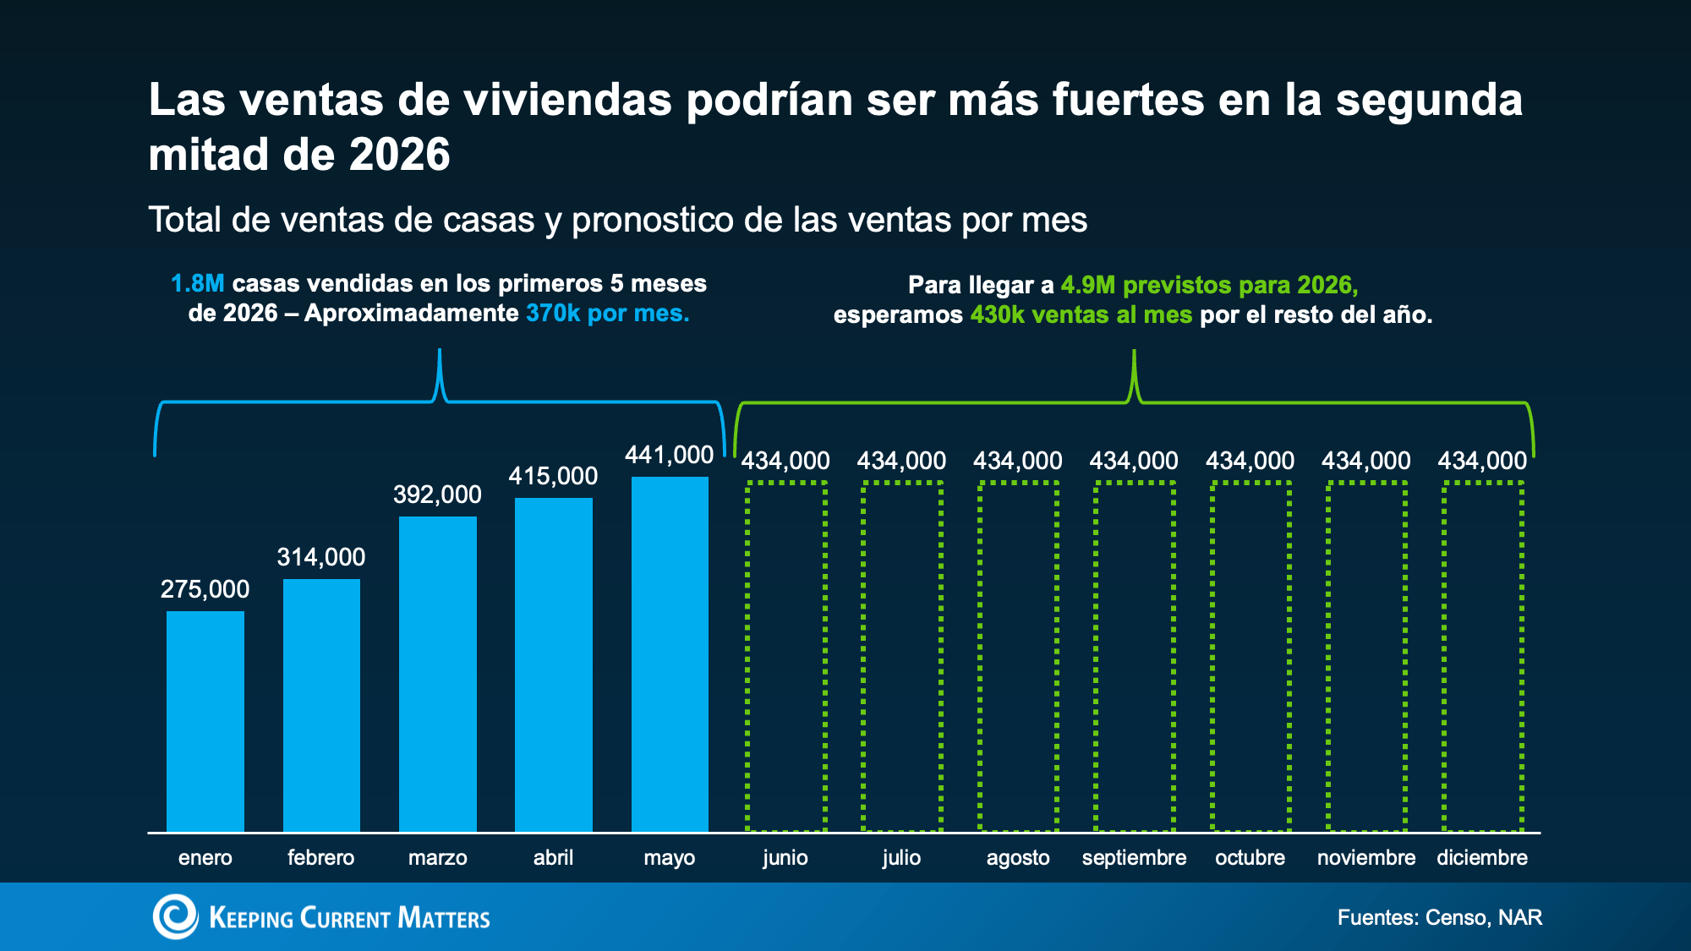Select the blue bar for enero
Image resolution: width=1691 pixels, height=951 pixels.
(205, 721)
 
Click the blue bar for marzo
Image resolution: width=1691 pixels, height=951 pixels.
(438, 674)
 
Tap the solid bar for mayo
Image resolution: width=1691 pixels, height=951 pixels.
(670, 654)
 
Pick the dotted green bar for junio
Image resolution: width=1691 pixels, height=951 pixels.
(746, 656)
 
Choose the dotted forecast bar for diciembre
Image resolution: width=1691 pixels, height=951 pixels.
(1443, 656)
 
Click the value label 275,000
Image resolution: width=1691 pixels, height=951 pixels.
(205, 589)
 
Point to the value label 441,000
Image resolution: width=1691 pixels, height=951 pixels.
(670, 455)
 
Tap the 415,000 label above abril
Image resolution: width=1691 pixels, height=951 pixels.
(553, 476)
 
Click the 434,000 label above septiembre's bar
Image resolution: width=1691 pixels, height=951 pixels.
(1134, 461)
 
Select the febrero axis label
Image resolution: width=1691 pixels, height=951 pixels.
(321, 857)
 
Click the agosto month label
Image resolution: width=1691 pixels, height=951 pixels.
(1018, 858)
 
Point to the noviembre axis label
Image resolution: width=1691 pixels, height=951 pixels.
(1366, 857)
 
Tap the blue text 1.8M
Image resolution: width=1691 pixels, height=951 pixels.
(198, 283)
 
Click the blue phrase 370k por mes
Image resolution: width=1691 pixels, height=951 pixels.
(608, 313)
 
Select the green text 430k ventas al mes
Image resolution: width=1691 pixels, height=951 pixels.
(1081, 314)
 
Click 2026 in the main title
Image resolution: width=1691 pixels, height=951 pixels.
(400, 155)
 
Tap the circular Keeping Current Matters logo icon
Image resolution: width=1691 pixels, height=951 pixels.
(175, 916)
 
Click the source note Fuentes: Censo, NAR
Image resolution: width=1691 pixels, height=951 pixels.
(1440, 917)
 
